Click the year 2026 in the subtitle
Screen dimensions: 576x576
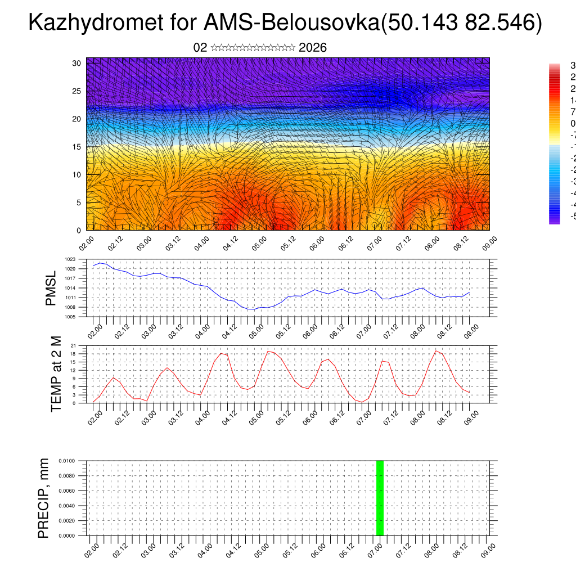pyautogui.click(x=313, y=48)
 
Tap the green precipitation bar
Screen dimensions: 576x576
pyautogui.click(x=380, y=498)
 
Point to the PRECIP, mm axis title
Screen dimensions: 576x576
pyautogui.click(x=43, y=498)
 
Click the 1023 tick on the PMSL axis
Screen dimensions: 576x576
pyautogui.click(x=70, y=259)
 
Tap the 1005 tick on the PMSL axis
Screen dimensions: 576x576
pyautogui.click(x=70, y=317)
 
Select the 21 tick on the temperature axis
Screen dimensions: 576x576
pyautogui.click(x=73, y=345)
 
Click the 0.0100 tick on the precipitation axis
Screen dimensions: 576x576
pyautogui.click(x=66, y=461)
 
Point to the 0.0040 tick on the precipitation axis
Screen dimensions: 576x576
pyautogui.click(x=66, y=506)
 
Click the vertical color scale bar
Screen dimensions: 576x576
pyautogui.click(x=554, y=143)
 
